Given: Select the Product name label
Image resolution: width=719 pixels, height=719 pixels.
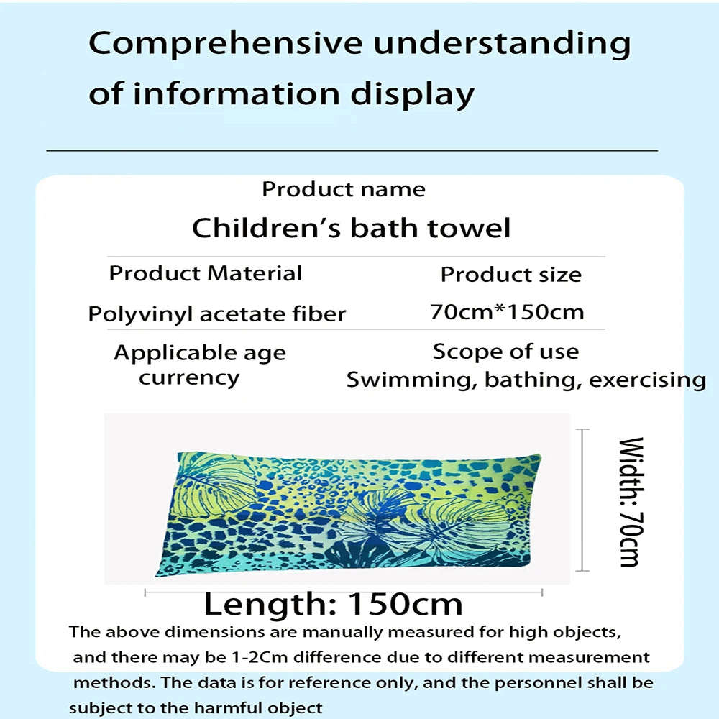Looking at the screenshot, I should (343, 189).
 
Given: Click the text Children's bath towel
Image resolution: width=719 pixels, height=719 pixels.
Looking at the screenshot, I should (351, 228).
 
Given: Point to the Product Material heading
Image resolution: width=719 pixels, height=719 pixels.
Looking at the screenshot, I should (206, 273).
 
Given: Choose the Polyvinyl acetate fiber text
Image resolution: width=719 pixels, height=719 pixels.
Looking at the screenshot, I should (216, 314).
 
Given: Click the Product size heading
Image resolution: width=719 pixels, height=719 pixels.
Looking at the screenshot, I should (510, 275).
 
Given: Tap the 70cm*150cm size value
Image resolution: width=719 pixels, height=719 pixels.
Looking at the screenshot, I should (507, 312).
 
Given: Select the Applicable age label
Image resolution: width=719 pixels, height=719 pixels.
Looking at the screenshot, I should (199, 353).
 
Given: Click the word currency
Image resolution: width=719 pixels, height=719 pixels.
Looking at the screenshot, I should (189, 377).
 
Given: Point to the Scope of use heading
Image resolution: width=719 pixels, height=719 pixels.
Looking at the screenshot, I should (505, 352).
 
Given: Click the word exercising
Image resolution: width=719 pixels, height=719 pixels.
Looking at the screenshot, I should (647, 380).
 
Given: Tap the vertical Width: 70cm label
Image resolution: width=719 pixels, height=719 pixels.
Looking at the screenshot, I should (630, 501).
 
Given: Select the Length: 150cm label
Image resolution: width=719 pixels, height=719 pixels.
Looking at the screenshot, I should (333, 604).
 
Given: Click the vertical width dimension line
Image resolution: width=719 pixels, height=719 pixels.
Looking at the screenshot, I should (583, 500).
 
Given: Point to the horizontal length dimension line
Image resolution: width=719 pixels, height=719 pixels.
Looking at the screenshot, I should (344, 592).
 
